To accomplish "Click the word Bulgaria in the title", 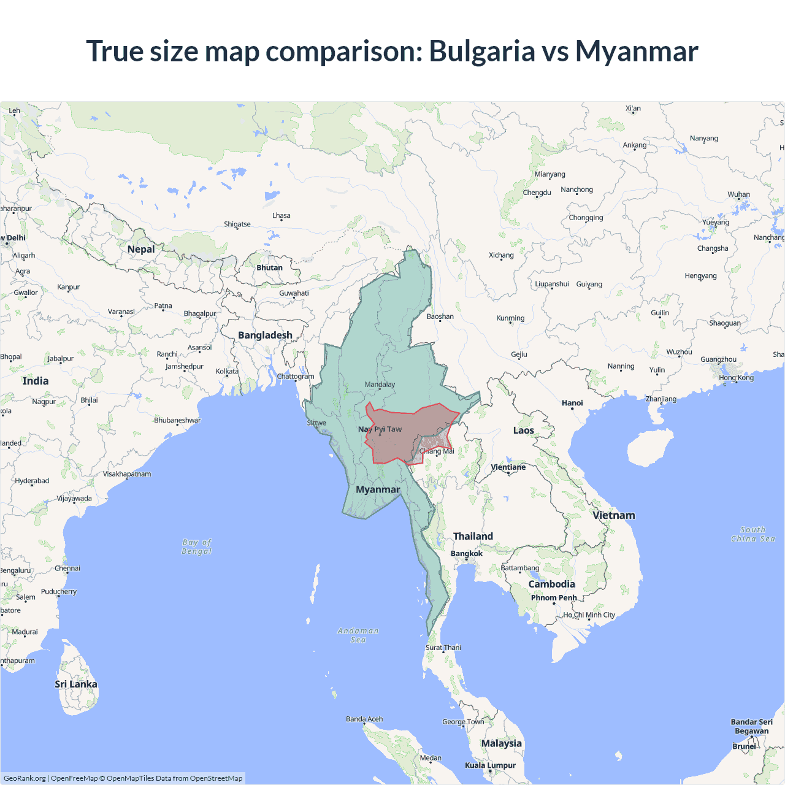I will point(481,51).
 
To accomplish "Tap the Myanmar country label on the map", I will point(378,489).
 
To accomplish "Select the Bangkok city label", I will point(467,554).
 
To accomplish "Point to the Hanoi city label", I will point(572,403).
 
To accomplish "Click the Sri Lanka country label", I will point(76,684).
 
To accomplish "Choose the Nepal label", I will point(141,249).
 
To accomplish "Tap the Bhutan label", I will point(270,268).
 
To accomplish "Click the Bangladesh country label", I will point(265,335).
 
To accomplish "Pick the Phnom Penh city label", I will point(554,598).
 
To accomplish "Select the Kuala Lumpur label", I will point(490,765).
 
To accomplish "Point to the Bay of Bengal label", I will point(197,546).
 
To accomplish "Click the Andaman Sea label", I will point(358,635).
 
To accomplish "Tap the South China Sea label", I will point(753,534).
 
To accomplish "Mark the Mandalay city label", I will point(380,385).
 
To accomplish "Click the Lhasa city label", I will point(281,216).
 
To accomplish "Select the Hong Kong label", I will point(736,378).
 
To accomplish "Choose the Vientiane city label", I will point(508,467).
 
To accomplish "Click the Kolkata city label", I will point(227,372).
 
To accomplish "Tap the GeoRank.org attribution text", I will point(25,778).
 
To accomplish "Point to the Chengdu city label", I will point(537,193).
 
